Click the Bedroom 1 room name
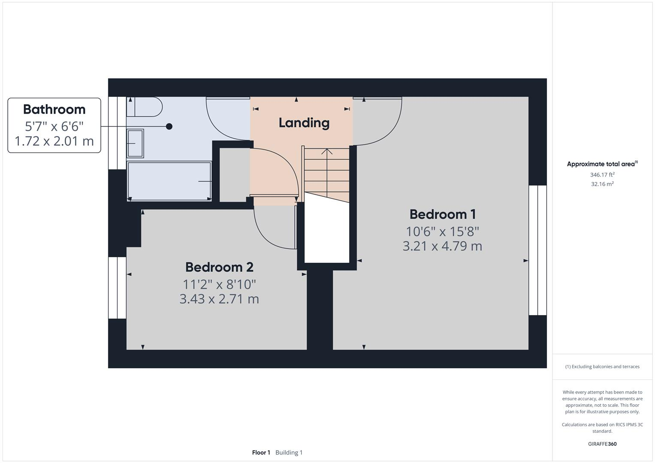tap(442, 214)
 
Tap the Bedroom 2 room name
tap(219, 267)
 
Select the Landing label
tap(304, 123)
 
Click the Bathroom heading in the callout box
tap(54, 109)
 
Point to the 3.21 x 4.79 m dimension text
tap(442, 246)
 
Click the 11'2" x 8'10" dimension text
tap(219, 284)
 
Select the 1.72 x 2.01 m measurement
tap(54, 141)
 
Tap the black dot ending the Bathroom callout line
tap(169, 126)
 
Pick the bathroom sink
tap(135, 144)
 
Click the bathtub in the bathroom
tap(169, 181)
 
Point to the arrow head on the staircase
tap(327, 151)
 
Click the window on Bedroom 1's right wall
tap(537, 250)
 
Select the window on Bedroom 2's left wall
tap(117, 288)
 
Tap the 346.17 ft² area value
tap(602, 175)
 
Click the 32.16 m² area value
tap(602, 184)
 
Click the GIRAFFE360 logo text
tap(602, 444)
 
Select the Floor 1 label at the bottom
tap(261, 453)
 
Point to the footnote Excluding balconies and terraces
tap(602, 367)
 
